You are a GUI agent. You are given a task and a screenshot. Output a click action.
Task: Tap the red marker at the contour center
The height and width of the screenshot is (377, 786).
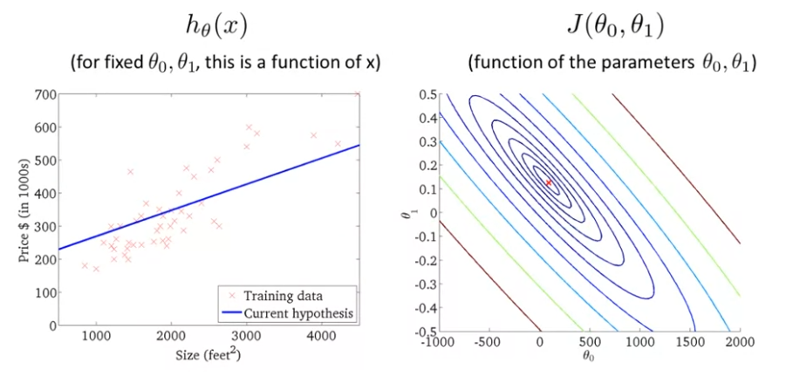(x=549, y=182)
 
